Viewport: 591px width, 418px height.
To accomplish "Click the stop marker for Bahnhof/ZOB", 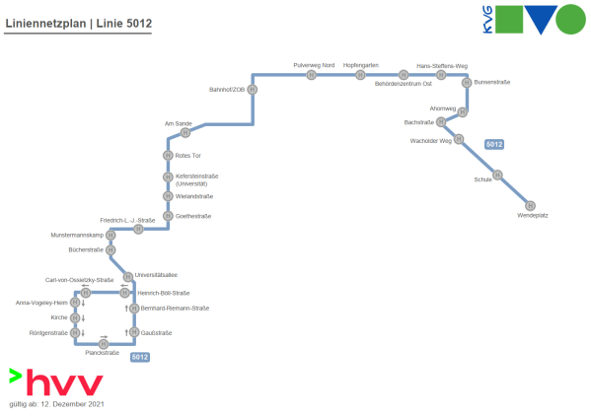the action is pos(253,90).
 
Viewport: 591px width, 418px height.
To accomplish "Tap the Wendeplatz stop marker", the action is pos(530,206).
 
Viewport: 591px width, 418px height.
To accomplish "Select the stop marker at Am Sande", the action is pos(185,132).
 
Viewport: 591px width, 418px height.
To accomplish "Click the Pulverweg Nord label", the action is pos(314,65).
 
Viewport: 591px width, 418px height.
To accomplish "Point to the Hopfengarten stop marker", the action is pos(360,75).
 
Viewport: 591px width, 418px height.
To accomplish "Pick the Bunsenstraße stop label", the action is pos(492,82).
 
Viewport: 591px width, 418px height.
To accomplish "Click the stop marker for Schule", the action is pos(497,174).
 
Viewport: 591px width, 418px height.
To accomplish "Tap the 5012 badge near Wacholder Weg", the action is pos(494,144).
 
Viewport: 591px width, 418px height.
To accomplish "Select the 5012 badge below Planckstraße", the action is pos(140,357).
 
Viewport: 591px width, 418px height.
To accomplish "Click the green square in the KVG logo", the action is pos(509,19).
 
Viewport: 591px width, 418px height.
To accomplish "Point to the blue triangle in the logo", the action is pos(541,17).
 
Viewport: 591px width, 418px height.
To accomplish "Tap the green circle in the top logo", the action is pos(570,19).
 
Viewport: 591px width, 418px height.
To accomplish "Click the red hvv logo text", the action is pos(64,383).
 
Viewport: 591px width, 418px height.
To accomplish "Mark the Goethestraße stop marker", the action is pos(168,216).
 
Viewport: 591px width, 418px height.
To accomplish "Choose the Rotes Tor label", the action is pos(187,156).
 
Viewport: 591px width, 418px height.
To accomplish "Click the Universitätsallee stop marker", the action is pos(128,277).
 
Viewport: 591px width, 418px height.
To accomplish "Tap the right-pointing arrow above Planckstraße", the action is pos(104,336).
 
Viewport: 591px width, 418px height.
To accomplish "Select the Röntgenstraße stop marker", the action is pos(75,333).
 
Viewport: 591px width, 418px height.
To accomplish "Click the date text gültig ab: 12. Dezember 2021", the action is pos(56,404).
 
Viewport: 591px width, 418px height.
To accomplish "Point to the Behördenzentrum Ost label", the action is pos(403,84).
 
